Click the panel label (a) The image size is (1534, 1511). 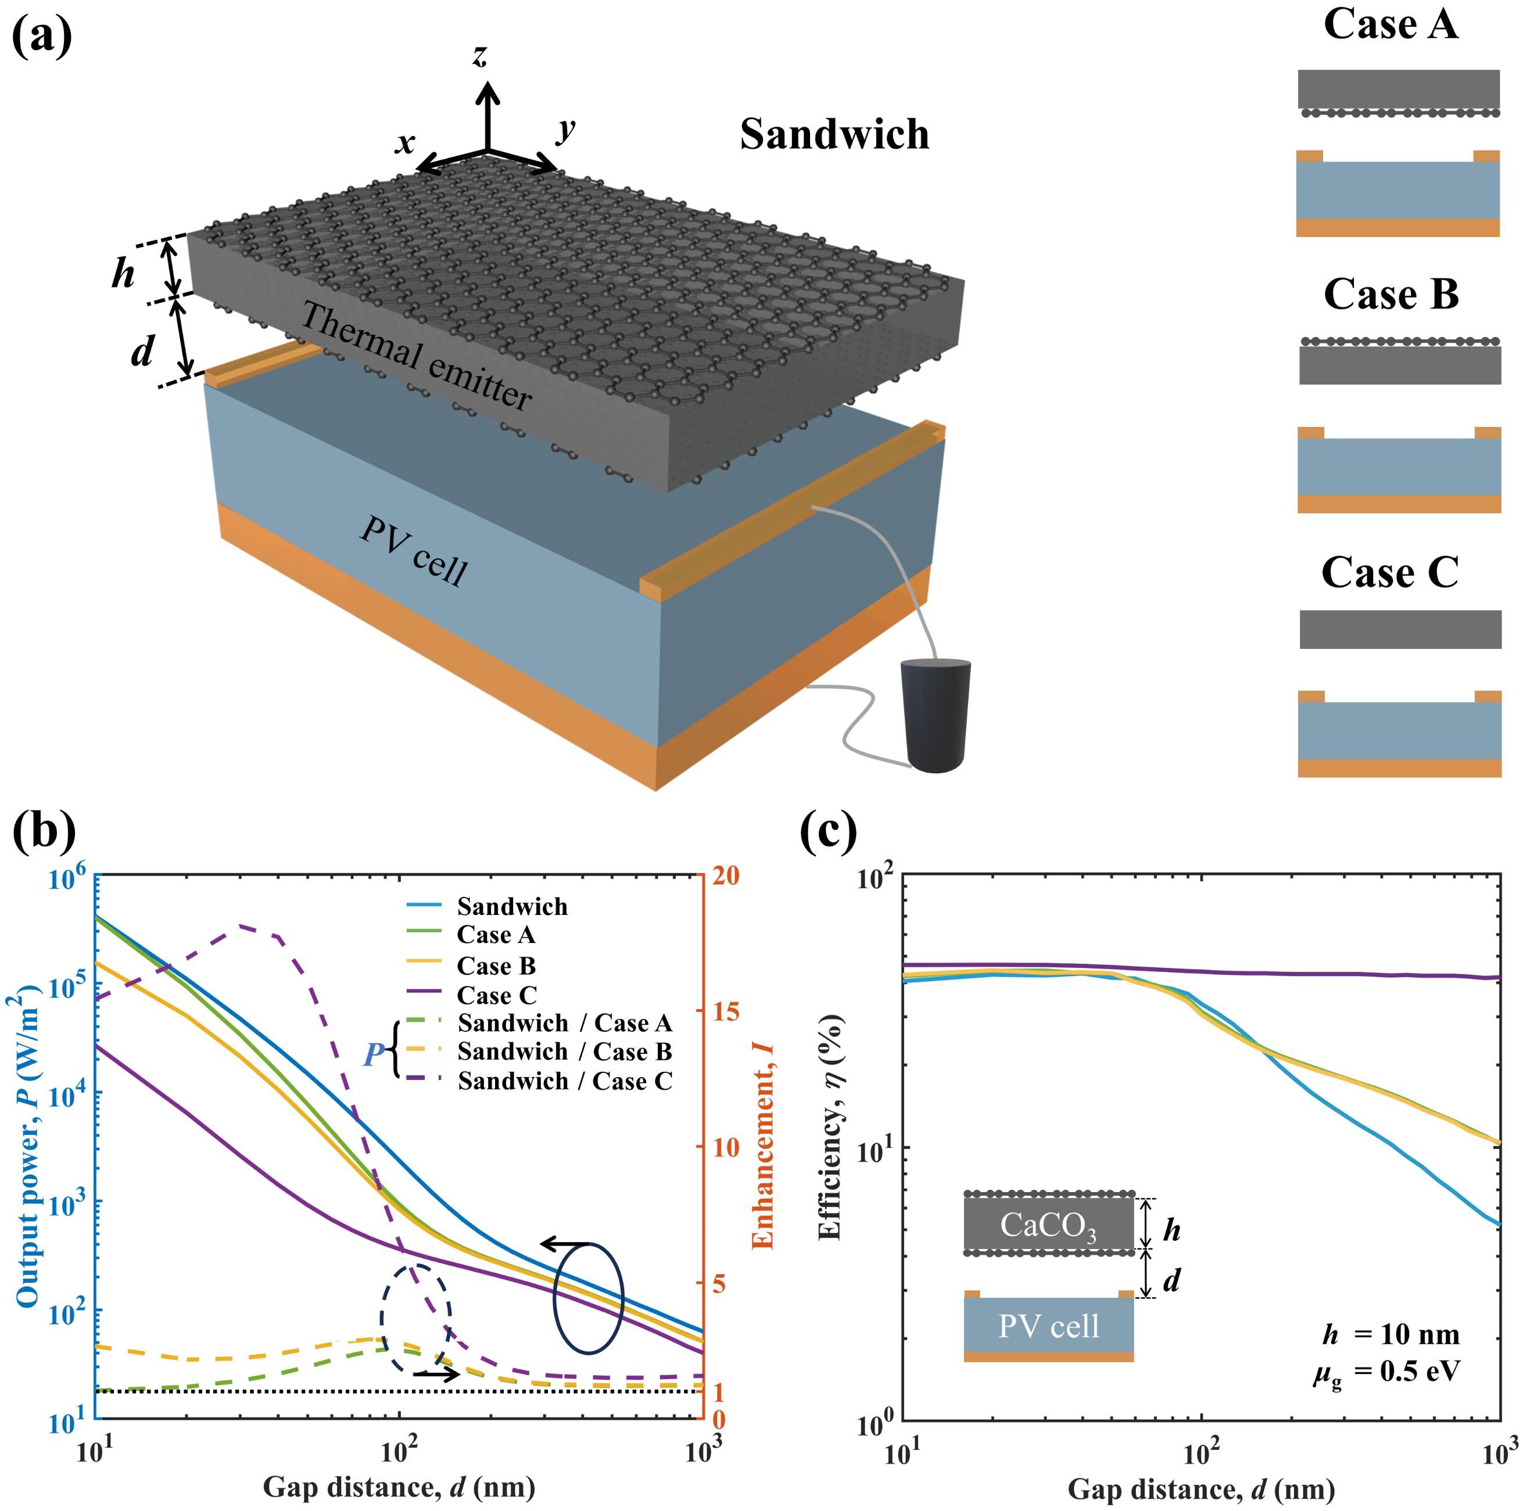(x=41, y=35)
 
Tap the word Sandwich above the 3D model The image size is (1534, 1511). (x=834, y=134)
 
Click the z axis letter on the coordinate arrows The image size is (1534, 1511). (x=479, y=56)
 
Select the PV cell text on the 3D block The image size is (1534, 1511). (x=414, y=550)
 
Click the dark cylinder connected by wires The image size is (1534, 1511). (x=936, y=714)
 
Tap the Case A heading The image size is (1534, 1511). (x=1390, y=24)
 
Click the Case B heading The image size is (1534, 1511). (x=1390, y=295)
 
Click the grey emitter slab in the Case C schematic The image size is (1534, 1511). (x=1400, y=629)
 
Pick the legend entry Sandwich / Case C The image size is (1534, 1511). (x=564, y=1081)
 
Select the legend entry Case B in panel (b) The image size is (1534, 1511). (x=496, y=966)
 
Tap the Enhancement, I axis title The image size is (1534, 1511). (x=762, y=1147)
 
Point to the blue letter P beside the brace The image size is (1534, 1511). (x=374, y=1054)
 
